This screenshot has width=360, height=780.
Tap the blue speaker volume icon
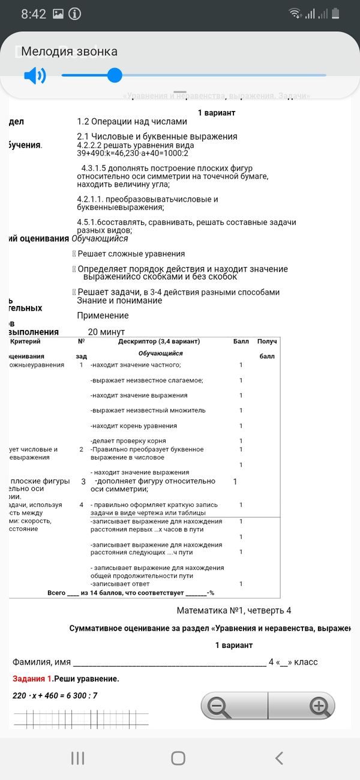coord(35,76)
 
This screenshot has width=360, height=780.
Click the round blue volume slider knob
coord(115,75)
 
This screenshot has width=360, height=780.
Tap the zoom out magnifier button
coord(217,706)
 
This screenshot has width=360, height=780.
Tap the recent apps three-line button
coord(77,758)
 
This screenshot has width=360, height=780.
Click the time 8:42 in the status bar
coord(34,14)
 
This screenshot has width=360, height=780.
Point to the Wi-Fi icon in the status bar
coord(295,14)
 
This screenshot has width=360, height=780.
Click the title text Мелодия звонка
coord(70,52)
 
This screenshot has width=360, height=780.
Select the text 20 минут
coord(106,332)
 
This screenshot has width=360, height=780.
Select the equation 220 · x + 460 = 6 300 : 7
coord(55,695)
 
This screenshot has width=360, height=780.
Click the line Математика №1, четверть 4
coord(233,610)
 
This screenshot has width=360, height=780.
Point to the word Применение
coord(103,316)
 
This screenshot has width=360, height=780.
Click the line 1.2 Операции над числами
coord(132,122)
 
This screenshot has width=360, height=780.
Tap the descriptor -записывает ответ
coord(120,583)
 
